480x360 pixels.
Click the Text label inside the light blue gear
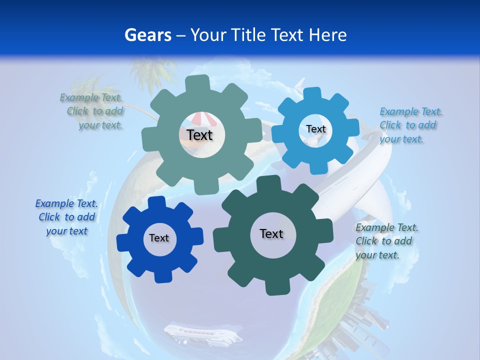(x=315, y=129)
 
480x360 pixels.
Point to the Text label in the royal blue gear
(x=159, y=238)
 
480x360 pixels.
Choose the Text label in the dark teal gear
(x=271, y=233)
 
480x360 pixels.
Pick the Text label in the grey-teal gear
(x=200, y=135)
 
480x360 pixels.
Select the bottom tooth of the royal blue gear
(x=160, y=276)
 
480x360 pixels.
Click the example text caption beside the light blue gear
(x=410, y=125)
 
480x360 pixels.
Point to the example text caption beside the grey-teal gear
(x=92, y=111)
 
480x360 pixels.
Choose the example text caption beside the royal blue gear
(x=66, y=217)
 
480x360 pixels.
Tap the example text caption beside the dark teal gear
(x=386, y=241)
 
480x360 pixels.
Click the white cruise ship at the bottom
(x=202, y=334)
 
